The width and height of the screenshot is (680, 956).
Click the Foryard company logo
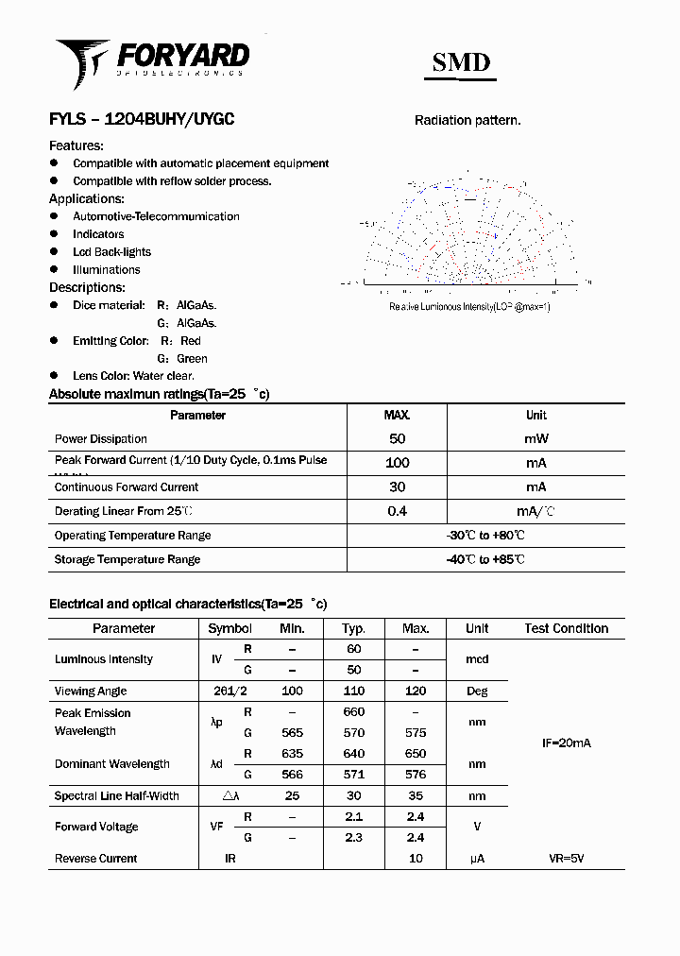point(151,59)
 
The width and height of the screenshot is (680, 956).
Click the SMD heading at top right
point(461,62)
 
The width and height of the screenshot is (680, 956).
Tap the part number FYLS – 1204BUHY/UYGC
point(142,120)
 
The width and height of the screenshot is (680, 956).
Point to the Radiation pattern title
point(467,120)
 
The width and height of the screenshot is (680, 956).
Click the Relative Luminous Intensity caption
point(469,307)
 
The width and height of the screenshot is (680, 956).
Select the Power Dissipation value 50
point(397,438)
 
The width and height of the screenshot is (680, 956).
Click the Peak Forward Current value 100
point(397,463)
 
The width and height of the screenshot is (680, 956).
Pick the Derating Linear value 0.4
point(397,511)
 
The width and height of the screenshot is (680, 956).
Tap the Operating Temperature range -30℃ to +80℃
point(485,536)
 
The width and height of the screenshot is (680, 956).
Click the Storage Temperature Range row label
point(127,559)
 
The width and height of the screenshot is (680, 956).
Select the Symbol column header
point(229,628)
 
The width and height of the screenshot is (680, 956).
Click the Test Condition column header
point(567,628)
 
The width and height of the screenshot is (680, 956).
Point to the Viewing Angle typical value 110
point(353,691)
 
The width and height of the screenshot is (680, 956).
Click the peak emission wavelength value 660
point(353,712)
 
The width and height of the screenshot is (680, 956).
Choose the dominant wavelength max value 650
point(416,754)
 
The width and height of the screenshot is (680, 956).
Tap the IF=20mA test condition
point(566,743)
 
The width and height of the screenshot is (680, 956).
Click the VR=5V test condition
point(566,859)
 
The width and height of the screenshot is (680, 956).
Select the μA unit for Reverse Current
point(477,859)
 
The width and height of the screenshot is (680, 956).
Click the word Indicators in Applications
point(98,234)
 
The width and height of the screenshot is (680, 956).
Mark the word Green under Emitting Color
point(192,359)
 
